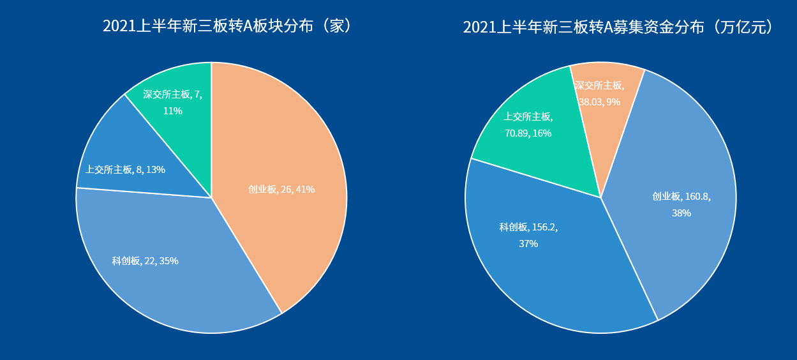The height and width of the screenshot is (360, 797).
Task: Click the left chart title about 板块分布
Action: click(x=227, y=26)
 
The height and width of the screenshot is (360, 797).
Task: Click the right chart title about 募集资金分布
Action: click(x=618, y=27)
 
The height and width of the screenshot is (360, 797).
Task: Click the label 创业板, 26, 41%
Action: click(x=281, y=190)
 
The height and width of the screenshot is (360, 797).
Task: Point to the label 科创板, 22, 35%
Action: click(x=145, y=261)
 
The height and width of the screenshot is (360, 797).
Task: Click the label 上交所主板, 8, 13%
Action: click(x=125, y=170)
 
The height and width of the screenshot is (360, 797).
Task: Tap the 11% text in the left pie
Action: click(x=172, y=111)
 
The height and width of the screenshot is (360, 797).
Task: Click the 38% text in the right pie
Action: click(x=681, y=213)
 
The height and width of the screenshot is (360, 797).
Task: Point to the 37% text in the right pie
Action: click(x=528, y=244)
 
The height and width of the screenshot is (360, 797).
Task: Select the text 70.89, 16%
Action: click(x=528, y=133)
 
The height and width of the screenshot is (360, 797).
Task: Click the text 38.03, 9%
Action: click(x=599, y=101)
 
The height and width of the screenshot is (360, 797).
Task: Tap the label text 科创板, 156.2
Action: click(x=528, y=227)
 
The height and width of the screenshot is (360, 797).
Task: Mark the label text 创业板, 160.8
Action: click(x=681, y=197)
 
